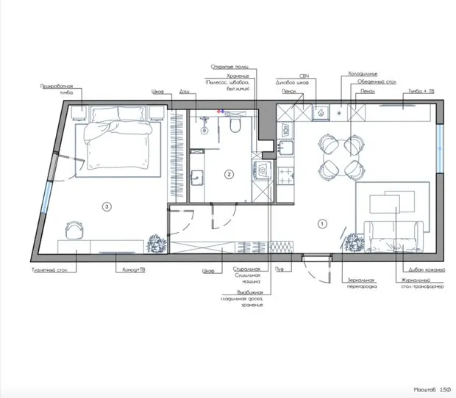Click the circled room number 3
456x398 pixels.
coord(107,207)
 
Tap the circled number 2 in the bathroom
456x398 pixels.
coord(229,174)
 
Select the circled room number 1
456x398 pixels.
coord(320,222)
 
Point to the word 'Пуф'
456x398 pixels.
coord(280,270)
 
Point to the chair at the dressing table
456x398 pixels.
coord(73,230)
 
